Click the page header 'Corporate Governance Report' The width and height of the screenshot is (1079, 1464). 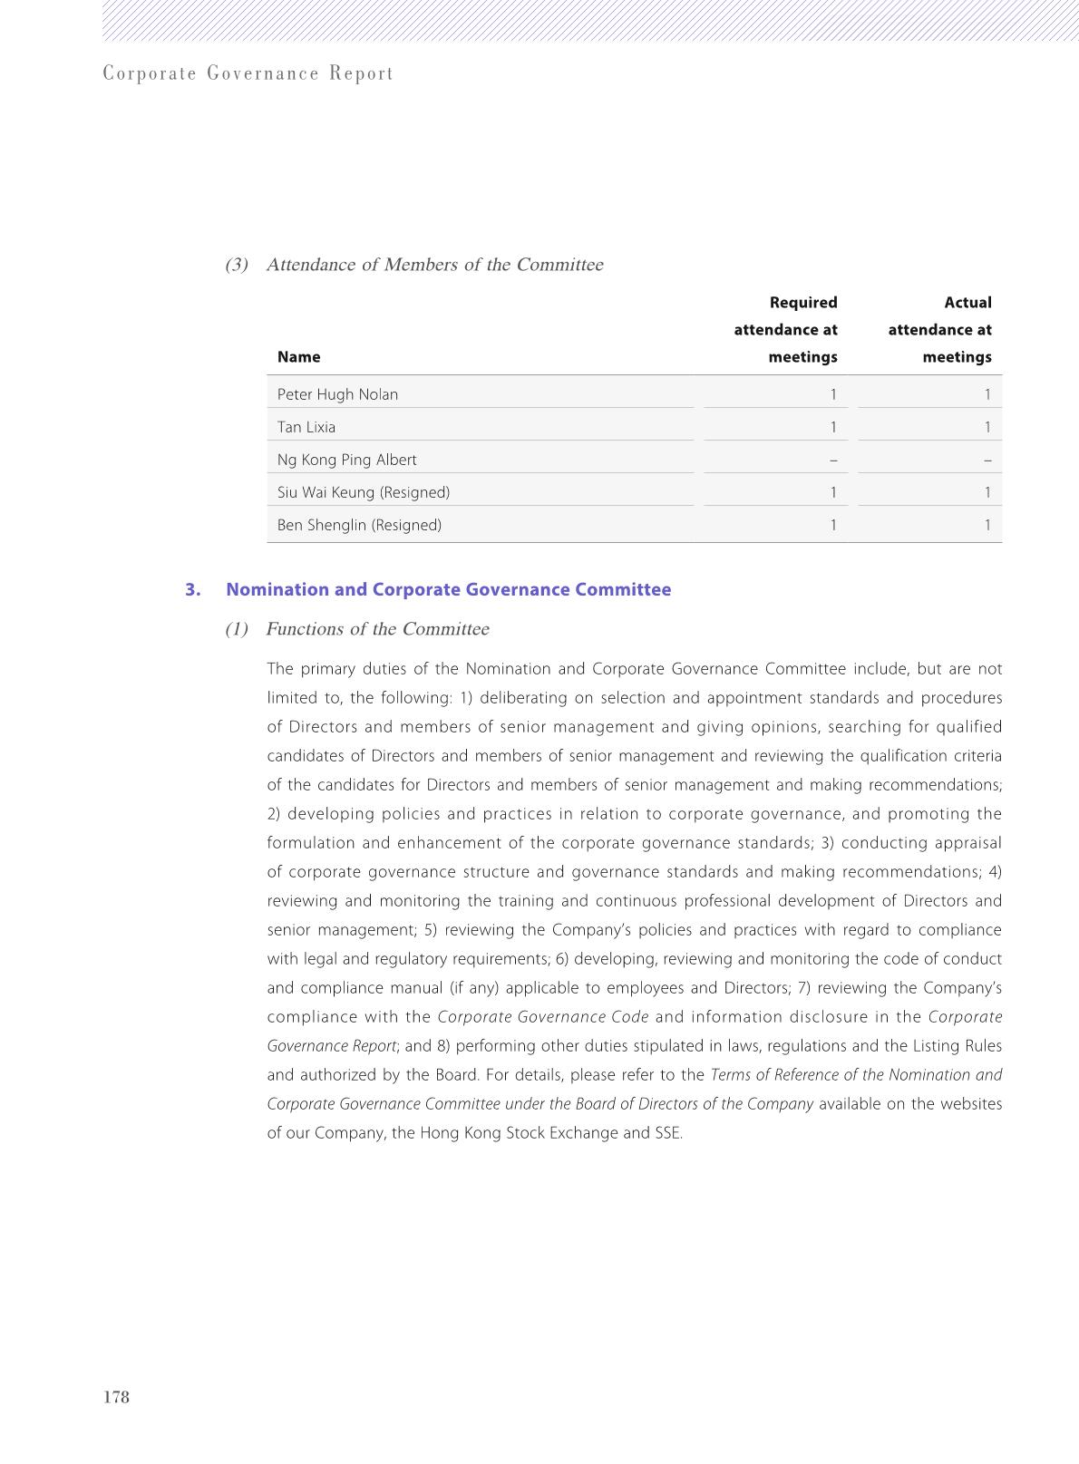click(x=248, y=73)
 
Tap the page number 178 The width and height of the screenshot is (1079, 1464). click(x=117, y=1397)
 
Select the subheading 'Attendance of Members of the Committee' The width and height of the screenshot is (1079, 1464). click(x=434, y=265)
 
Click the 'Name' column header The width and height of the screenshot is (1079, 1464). click(x=298, y=357)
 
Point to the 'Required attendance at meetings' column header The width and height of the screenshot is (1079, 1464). click(x=785, y=330)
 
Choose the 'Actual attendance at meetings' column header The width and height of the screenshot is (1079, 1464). click(x=939, y=330)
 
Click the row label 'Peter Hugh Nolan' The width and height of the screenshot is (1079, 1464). click(x=337, y=394)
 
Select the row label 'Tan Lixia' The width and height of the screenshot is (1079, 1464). click(x=306, y=427)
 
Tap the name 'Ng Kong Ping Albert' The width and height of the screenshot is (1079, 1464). click(x=346, y=460)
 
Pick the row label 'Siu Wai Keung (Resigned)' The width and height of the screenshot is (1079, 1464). click(x=364, y=492)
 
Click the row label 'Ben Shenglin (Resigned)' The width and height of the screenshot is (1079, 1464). click(x=359, y=525)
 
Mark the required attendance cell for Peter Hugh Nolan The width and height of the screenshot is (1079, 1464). click(x=833, y=394)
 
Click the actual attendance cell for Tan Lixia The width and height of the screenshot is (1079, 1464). click(x=987, y=427)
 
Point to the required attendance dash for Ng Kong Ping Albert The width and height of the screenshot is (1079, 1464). click(x=833, y=460)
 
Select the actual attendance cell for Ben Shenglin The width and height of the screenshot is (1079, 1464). click(x=987, y=525)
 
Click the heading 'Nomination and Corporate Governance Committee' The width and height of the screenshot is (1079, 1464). click(x=448, y=590)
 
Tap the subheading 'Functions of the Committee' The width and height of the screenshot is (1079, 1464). click(x=377, y=629)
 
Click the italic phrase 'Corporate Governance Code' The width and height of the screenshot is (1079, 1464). click(x=542, y=1017)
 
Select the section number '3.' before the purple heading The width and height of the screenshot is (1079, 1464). click(x=192, y=590)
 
